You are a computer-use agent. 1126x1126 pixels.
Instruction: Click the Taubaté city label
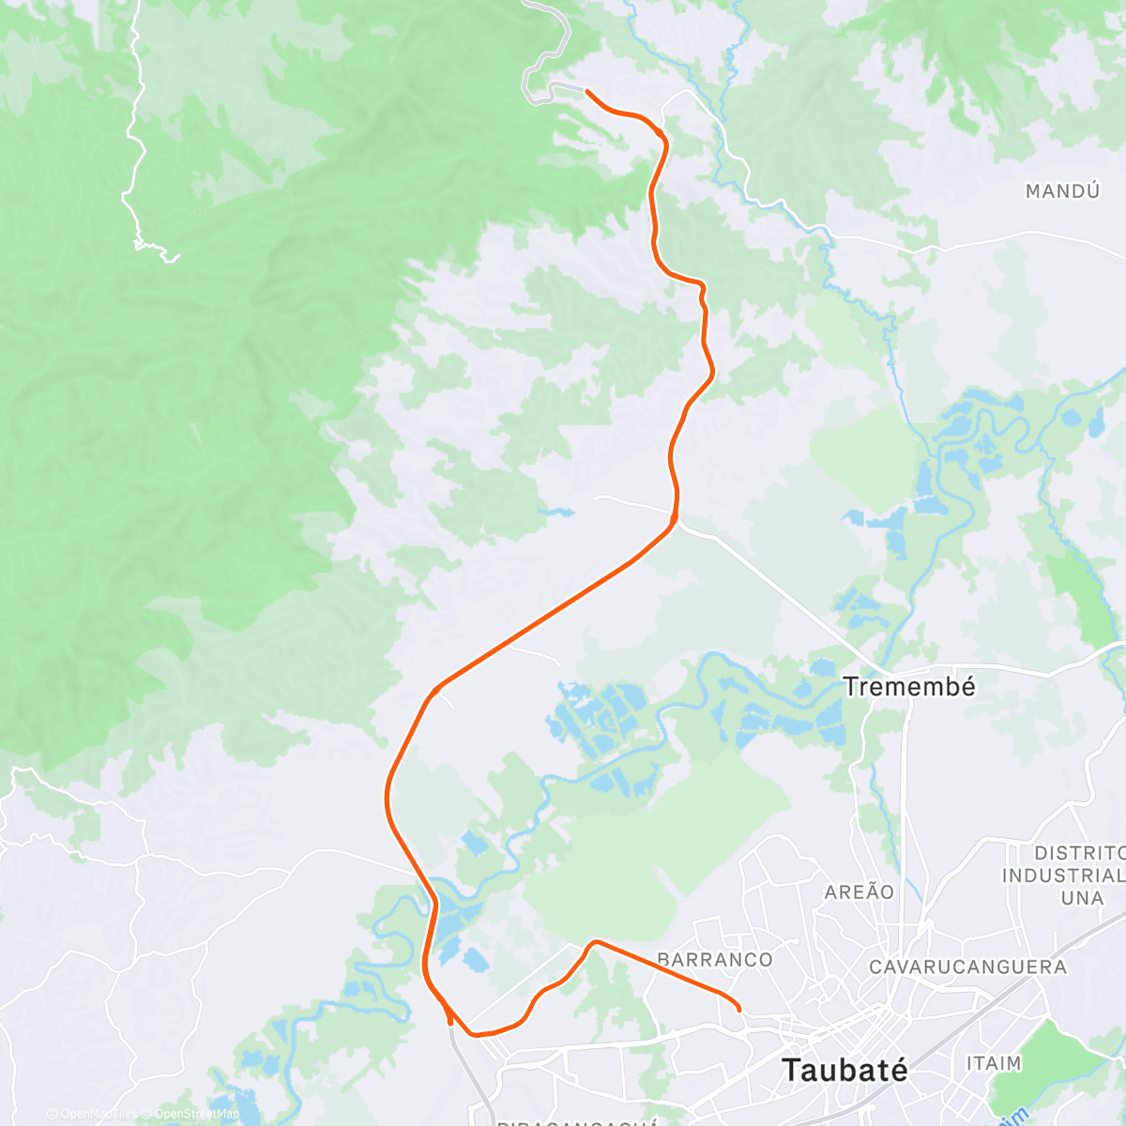pos(844,1070)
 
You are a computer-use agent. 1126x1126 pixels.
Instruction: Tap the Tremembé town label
pos(896,686)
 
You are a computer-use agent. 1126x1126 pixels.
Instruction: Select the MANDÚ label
pos(1062,191)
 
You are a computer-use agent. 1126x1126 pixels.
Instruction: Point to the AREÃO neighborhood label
pos(859,891)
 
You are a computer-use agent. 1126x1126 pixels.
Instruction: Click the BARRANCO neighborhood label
pos(715,959)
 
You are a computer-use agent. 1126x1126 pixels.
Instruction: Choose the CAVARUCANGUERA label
pos(967,966)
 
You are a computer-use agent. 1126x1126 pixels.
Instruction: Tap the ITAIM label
pos(993,1063)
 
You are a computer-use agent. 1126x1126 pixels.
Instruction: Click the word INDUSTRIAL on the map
pos(1062,875)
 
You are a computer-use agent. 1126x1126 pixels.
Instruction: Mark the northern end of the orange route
pos(586,91)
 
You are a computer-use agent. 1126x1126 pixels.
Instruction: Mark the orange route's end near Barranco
pos(739,1010)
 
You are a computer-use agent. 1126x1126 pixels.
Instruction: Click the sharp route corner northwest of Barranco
pos(595,940)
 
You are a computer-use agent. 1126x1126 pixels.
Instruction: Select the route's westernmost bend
pos(387,796)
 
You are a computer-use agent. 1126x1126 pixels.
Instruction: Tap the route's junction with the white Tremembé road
pos(675,519)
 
